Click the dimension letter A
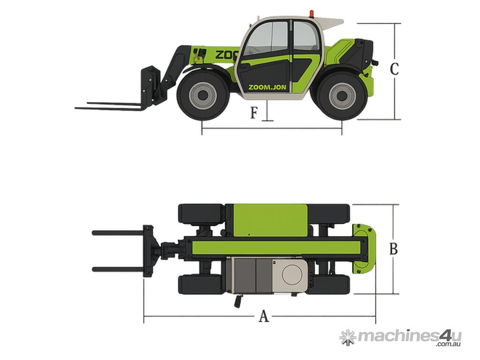263,316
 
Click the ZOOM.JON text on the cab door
267,87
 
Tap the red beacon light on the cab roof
312,13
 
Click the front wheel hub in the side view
202,95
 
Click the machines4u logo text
409,336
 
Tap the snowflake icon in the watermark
348,338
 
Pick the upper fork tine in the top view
118,233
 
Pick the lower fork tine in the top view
118,270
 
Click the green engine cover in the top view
270,220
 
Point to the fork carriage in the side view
150,82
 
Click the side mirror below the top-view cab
238,301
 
